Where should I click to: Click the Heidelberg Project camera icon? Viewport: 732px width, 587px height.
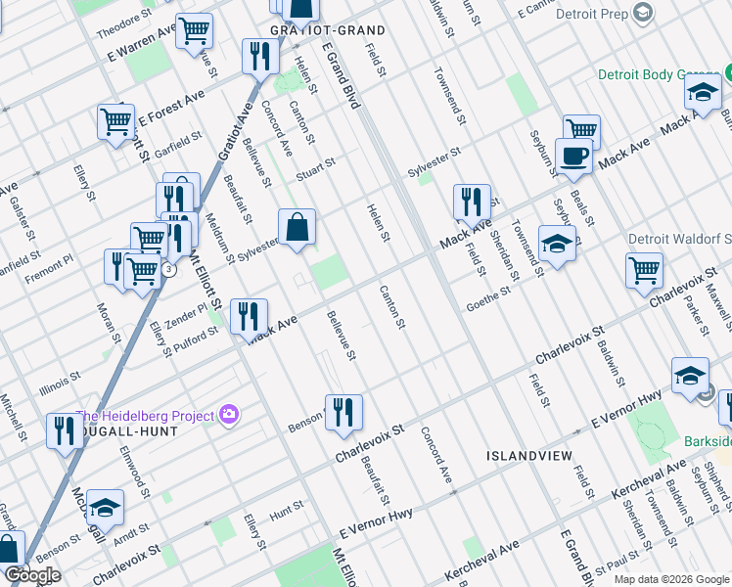coord(229,415)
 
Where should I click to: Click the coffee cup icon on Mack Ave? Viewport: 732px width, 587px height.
coord(573,154)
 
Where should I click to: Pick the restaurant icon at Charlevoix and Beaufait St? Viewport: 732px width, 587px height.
coord(343,411)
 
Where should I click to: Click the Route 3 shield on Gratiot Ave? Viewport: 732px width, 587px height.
coord(169,269)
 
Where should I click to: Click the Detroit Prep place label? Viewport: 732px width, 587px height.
coord(592,14)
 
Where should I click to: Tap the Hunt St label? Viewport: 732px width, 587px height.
coord(288,510)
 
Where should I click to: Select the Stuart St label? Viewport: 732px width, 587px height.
coord(316,164)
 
